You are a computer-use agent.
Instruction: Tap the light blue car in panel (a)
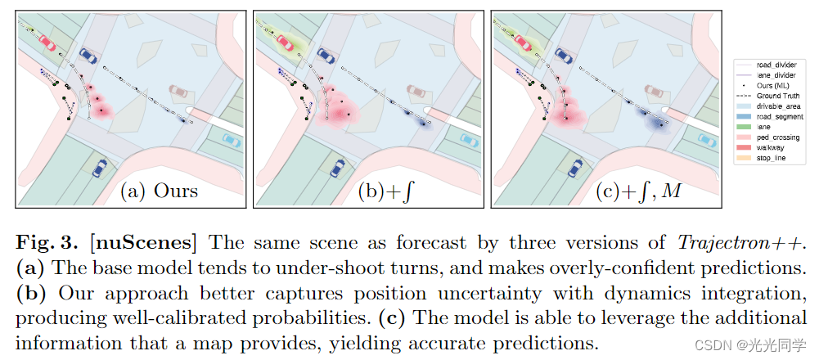coord(232,140)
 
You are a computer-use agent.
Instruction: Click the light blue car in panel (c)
coord(704,140)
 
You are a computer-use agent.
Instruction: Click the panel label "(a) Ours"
coord(159,191)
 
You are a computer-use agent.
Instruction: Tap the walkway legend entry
coord(771,148)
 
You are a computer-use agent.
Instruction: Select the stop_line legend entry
coord(772,159)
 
